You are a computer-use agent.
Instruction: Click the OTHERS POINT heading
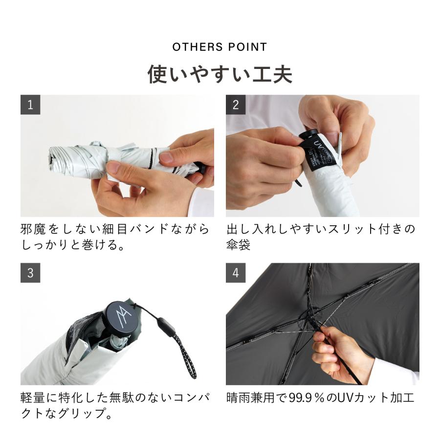point(220,47)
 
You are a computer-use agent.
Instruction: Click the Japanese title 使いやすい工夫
point(220,75)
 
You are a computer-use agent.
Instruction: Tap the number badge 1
point(30,105)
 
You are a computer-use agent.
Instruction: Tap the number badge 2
point(236,105)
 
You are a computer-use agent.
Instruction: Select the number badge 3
point(30,273)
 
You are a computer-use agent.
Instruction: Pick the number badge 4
point(236,273)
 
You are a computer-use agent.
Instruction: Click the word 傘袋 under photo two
point(238,245)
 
